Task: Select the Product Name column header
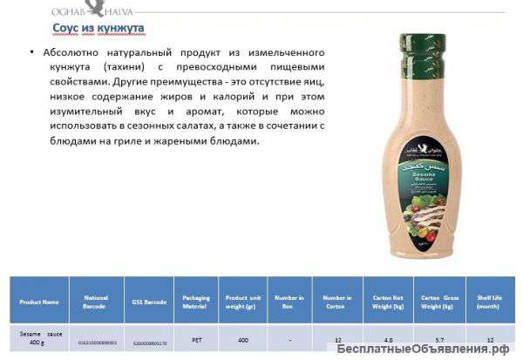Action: (39, 302)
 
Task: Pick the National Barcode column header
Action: (96, 302)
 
